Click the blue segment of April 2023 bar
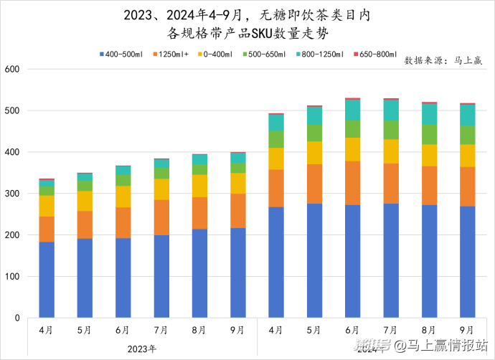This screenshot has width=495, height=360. pos(47,280)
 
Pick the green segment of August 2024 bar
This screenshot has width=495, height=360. pos(429,134)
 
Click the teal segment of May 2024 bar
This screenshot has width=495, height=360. pos(314,115)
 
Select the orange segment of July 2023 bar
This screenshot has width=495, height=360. pos(161,217)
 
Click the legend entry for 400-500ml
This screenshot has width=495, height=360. pos(123,54)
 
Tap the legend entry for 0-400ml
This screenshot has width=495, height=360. pos(215,54)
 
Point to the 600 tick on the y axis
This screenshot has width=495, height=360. pos(13,70)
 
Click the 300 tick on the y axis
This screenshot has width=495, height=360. pos(13,194)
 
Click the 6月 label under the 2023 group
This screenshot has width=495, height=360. pos(123,331)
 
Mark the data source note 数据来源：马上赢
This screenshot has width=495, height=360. pos(443,60)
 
